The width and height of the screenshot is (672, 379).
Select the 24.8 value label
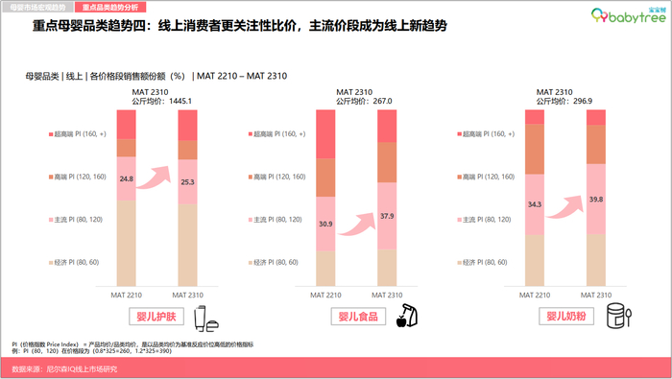point(127,178)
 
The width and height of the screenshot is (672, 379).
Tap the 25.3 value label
point(186,180)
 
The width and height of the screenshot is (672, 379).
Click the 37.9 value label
point(387,215)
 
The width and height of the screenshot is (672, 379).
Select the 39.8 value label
point(596,199)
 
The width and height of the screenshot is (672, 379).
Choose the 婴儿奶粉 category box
point(565,316)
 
